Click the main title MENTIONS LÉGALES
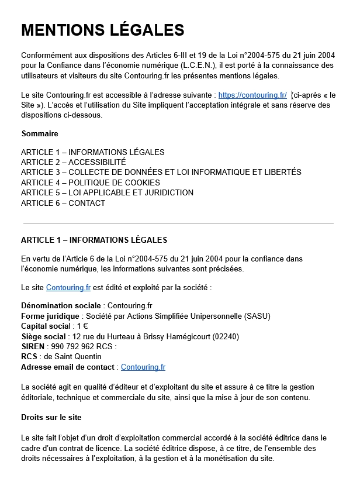(102, 30)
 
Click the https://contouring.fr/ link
(252, 95)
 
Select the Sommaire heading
(40, 133)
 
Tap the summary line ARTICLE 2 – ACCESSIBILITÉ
(73, 162)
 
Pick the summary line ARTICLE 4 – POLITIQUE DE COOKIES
(90, 183)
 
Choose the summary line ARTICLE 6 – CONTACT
(63, 203)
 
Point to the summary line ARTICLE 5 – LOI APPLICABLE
(107, 192)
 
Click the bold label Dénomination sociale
(61, 306)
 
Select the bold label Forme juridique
(50, 316)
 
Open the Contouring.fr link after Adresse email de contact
(143, 367)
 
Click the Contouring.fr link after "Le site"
(68, 287)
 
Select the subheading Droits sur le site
(51, 417)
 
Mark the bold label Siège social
(43, 336)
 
